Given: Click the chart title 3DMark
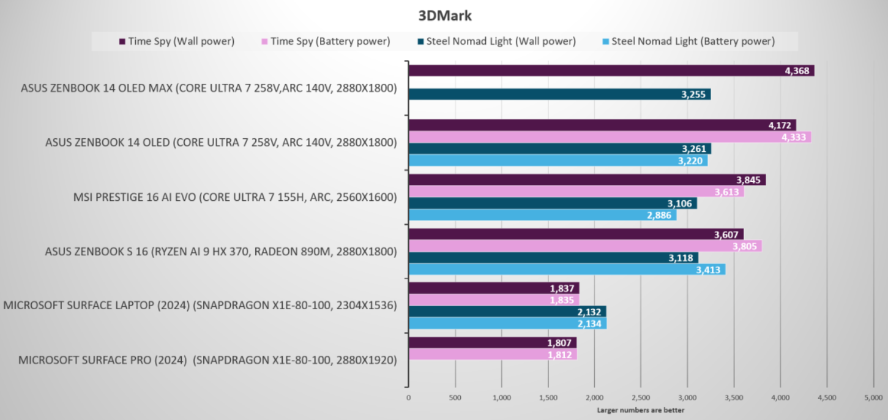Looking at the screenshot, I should coord(445,15).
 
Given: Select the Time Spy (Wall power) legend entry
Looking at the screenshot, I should coord(177,42).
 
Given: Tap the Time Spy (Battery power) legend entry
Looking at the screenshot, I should coord(326,42).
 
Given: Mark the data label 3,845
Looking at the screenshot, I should coord(750,180).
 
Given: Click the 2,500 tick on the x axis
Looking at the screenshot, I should coord(641,397).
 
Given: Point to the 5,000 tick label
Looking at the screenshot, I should coord(873,397).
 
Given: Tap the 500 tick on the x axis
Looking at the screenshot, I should coord(455,397).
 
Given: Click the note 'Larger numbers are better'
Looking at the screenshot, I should coord(641,410).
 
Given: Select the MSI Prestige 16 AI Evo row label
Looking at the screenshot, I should coord(235,197).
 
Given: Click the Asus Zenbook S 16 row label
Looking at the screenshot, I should coord(221,252).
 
